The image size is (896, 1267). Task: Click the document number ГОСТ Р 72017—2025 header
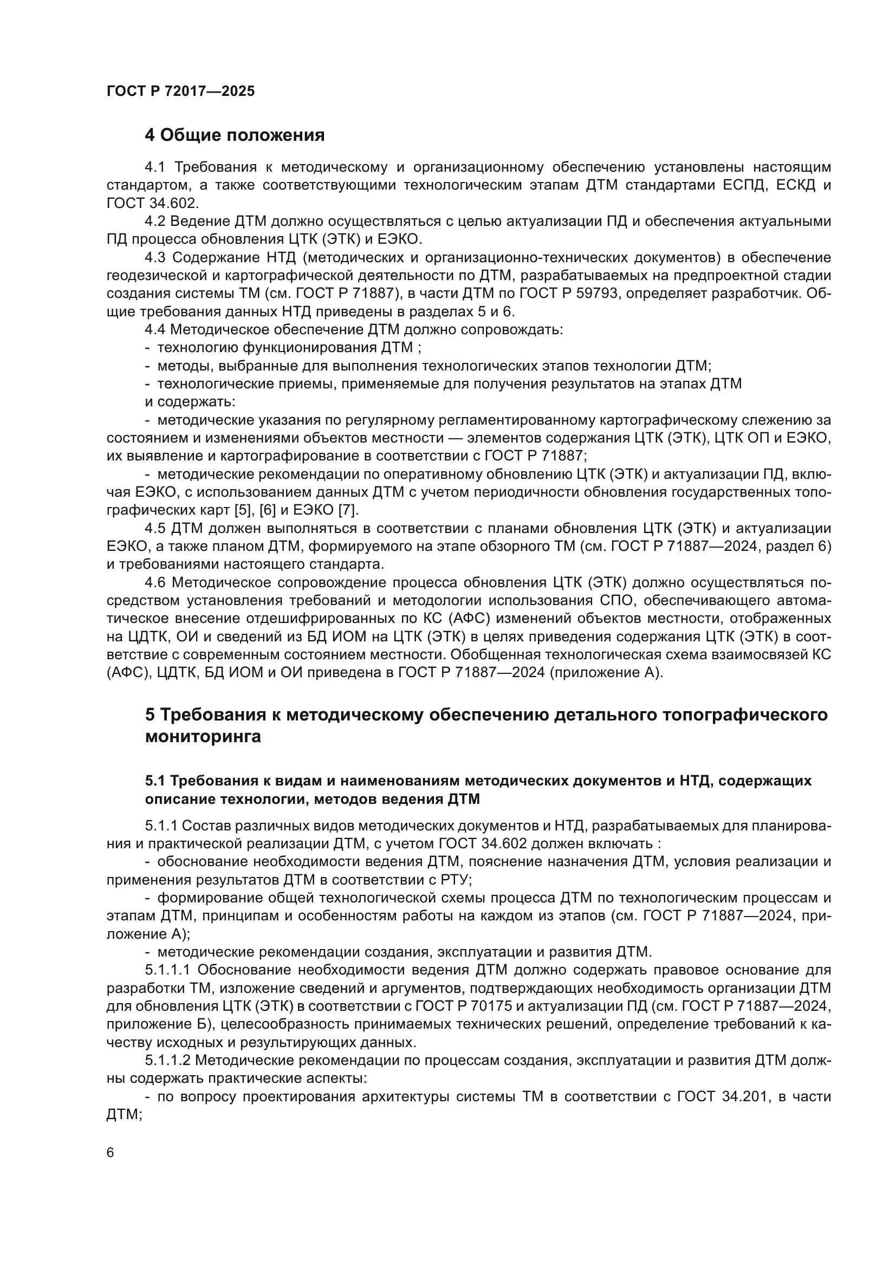[180, 92]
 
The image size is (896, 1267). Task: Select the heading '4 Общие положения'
[235, 135]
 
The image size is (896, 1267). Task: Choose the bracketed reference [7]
[348, 510]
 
